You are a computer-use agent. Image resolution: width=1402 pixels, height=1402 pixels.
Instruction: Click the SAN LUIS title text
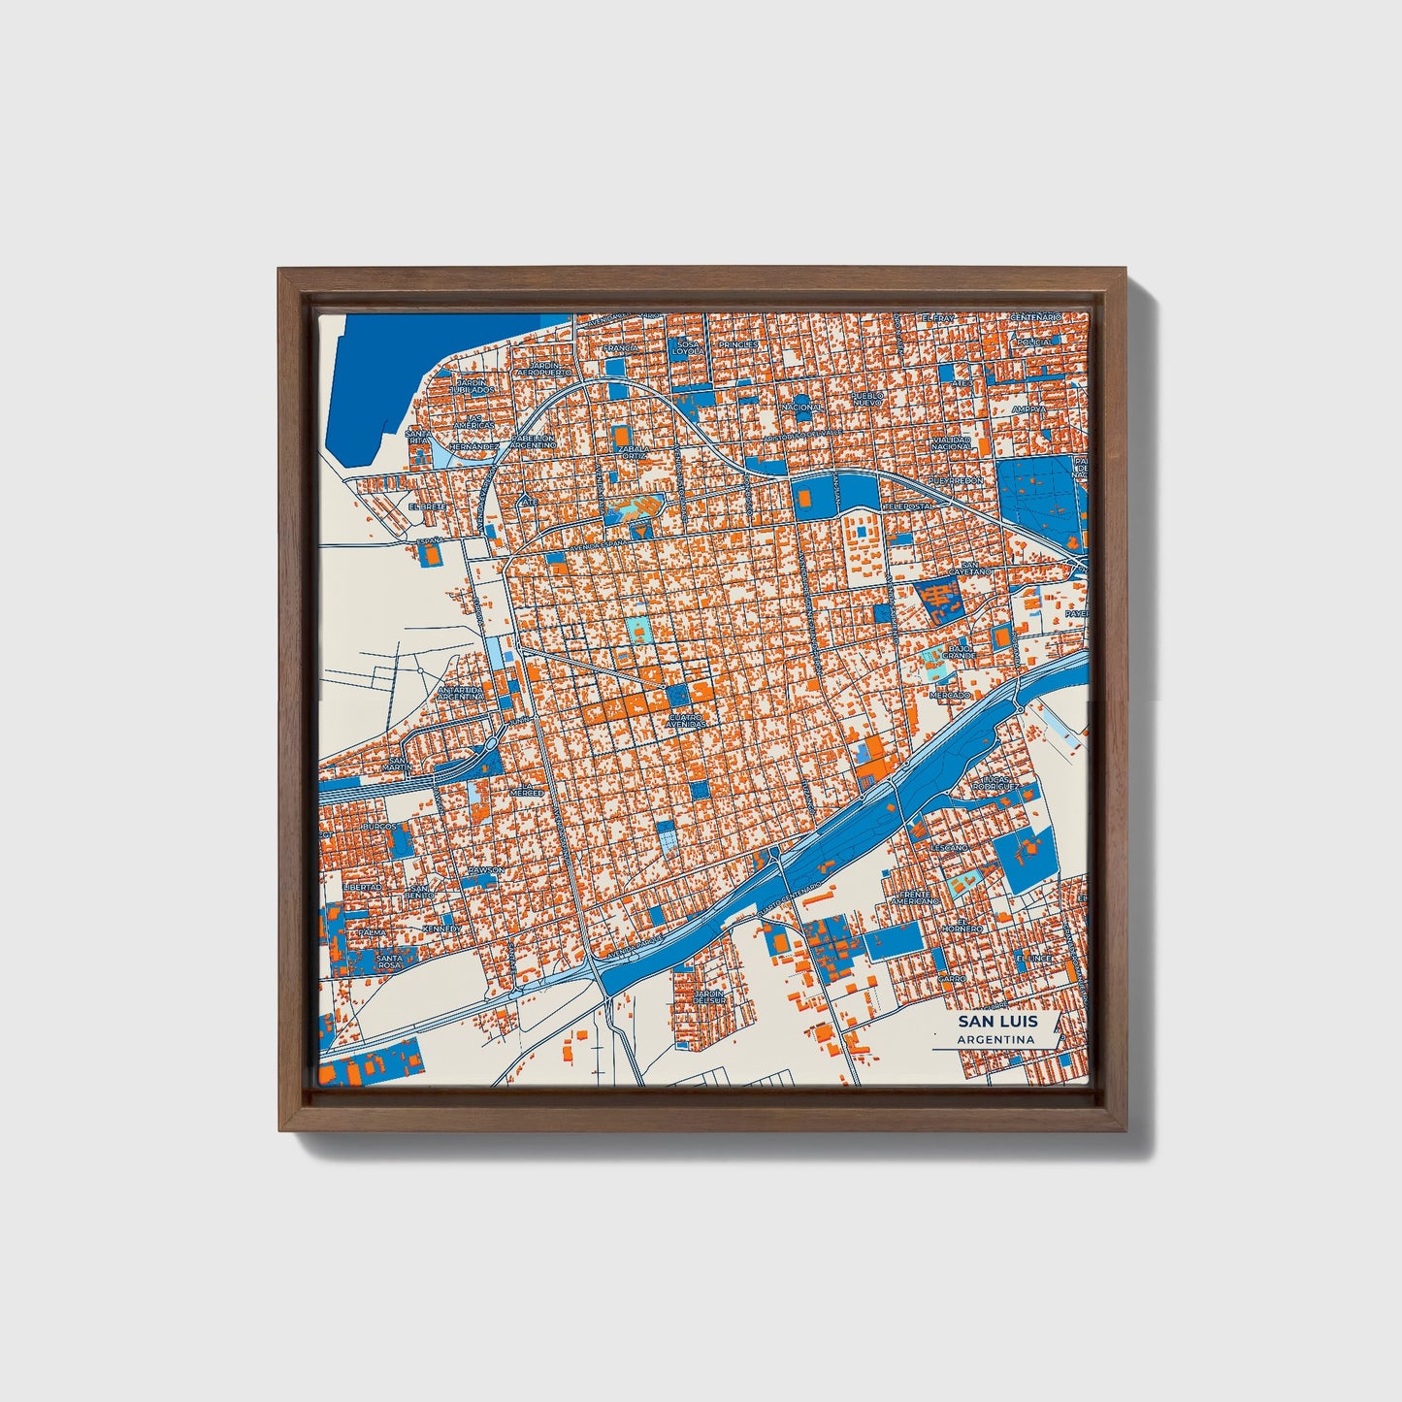pos(997,1022)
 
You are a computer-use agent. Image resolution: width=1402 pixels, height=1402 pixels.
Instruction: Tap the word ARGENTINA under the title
pos(995,1040)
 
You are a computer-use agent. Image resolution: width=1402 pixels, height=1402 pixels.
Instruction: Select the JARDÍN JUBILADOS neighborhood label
pos(472,386)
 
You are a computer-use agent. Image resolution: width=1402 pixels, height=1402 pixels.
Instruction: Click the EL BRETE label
pos(427,506)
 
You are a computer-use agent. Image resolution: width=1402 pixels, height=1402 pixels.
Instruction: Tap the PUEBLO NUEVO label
pos(867,399)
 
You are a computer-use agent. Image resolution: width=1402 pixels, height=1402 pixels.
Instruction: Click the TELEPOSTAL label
pos(906,506)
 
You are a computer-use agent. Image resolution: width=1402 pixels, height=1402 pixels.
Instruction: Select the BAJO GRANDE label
pos(959,652)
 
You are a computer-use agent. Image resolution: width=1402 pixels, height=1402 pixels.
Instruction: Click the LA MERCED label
pos(525,793)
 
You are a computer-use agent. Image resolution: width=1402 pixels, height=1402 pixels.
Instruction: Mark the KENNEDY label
pos(442,929)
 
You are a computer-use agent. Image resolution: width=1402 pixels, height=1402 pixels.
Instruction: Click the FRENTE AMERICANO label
pos(917,897)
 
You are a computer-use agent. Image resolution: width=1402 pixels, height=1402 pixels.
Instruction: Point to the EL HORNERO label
pos(968,925)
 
